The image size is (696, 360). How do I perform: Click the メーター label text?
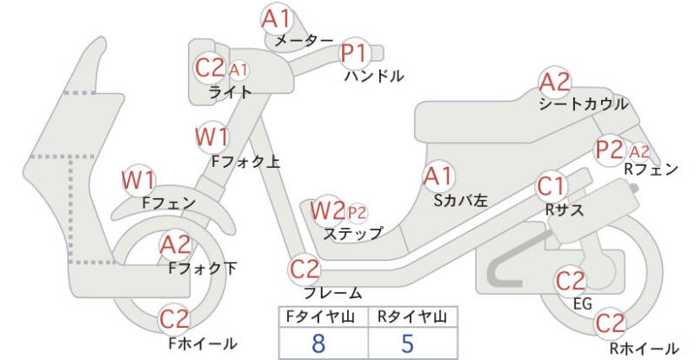tap(304, 41)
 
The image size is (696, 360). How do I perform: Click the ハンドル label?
tap(374, 77)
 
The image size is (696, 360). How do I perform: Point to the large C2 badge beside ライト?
tap(210, 68)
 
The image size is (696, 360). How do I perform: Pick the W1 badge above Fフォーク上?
tap(213, 137)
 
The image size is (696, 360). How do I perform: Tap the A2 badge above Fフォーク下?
tap(175, 246)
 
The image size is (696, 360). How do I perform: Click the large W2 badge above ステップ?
tap(327, 210)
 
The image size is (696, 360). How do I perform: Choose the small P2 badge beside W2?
tap(357, 211)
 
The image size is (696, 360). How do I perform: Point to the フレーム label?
tap(333, 293)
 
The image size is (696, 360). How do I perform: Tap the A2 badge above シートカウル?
tap(555, 83)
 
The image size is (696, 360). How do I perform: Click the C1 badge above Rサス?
tap(552, 186)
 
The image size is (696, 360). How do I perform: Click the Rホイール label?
tap(643, 349)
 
